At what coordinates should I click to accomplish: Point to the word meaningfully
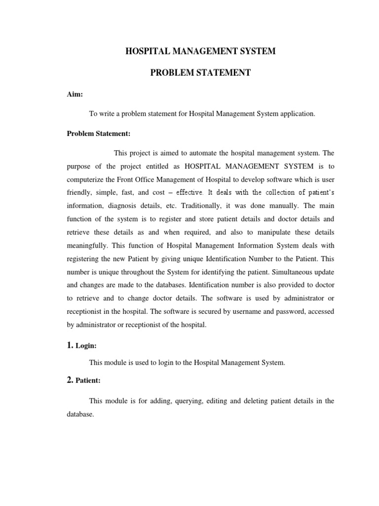pyautogui.click(x=87, y=245)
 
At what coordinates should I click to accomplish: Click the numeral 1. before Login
pyautogui.click(x=70, y=345)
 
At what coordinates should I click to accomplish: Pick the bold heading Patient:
pyautogui.click(x=88, y=381)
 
